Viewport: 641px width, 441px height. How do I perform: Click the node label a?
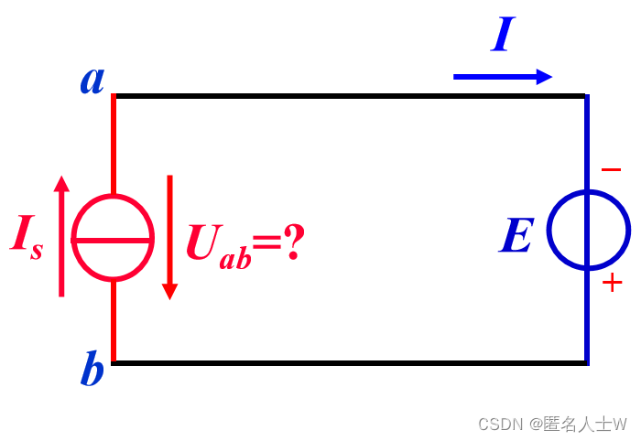[92, 80]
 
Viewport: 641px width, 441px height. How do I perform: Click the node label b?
[92, 371]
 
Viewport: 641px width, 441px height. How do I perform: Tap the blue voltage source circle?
[589, 231]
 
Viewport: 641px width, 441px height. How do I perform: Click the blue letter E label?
[516, 237]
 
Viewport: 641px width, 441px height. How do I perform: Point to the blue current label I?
[503, 36]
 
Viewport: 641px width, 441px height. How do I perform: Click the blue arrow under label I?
[503, 77]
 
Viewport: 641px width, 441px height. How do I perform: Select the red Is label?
[26, 235]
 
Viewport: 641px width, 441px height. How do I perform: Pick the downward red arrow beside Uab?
[169, 237]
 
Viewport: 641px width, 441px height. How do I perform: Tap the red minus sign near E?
[611, 170]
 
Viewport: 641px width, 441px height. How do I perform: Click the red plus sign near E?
[612, 283]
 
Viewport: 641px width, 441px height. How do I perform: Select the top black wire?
[348, 95]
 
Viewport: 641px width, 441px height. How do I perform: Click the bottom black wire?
[348, 363]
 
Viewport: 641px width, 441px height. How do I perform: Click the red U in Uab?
[202, 242]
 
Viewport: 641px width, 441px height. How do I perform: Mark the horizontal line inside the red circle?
[113, 240]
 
